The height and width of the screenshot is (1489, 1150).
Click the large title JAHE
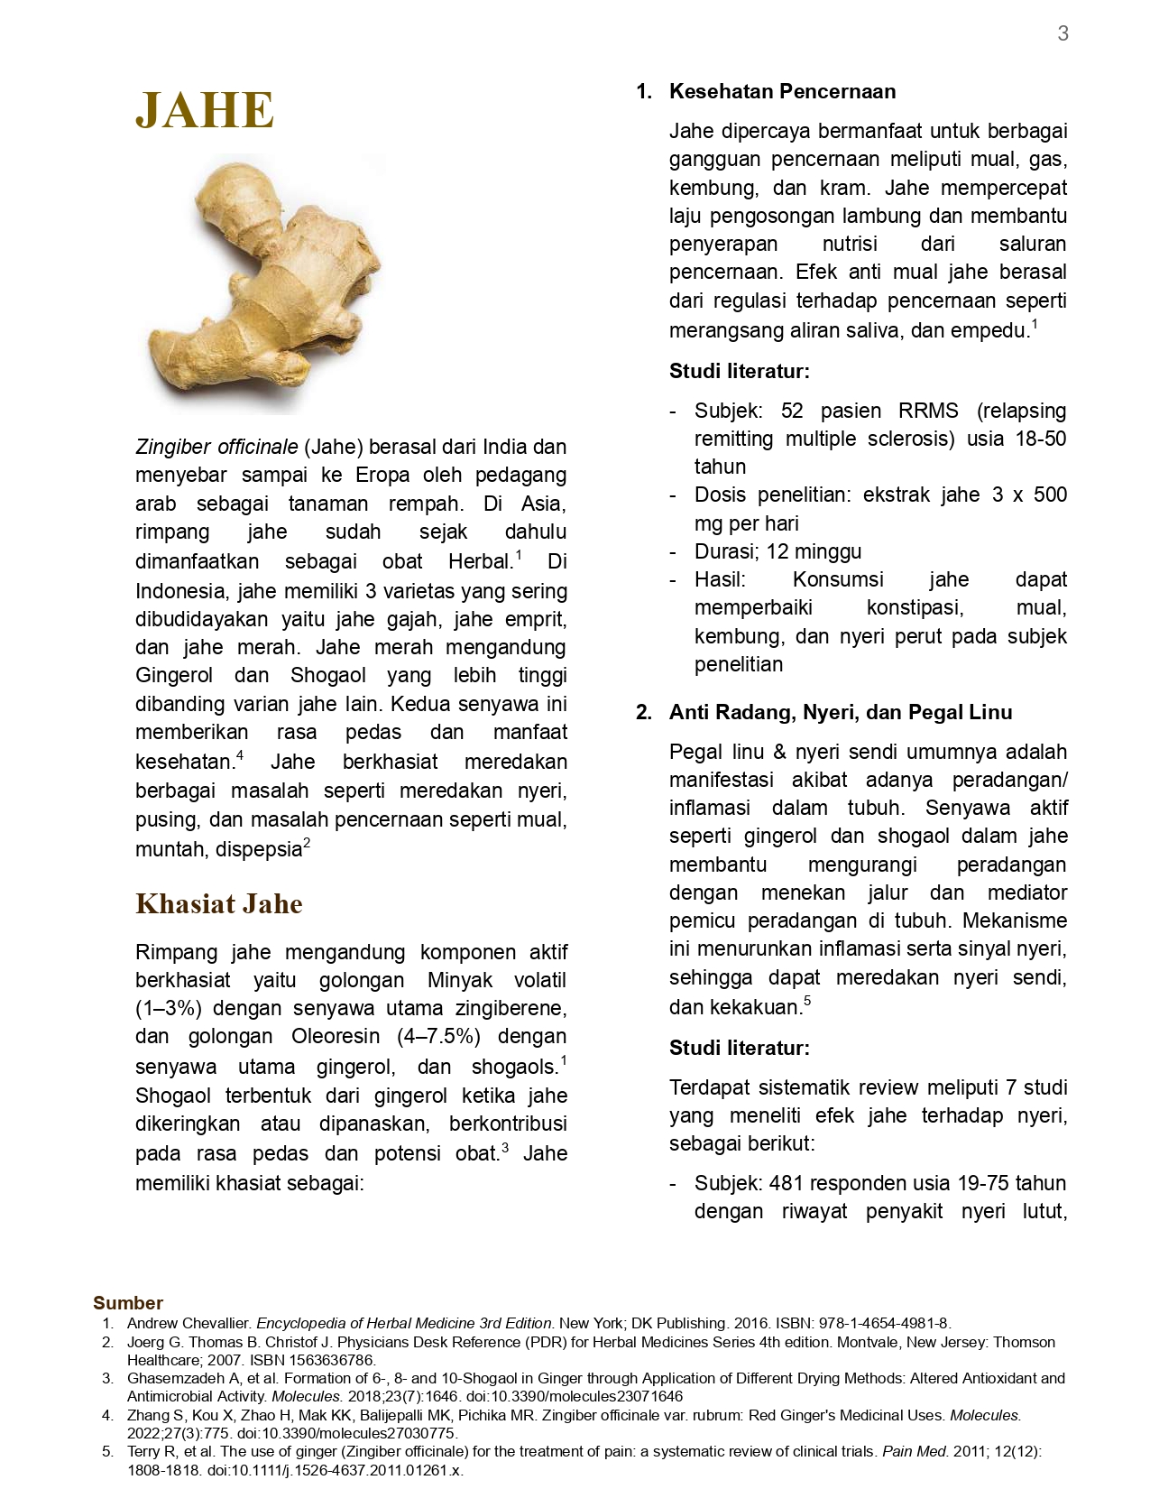click(205, 111)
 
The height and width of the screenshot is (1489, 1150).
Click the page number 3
click(1063, 33)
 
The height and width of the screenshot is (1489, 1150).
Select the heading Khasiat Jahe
click(219, 904)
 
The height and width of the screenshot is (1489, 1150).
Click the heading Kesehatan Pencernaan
click(782, 91)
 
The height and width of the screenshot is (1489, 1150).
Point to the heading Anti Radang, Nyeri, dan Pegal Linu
click(841, 712)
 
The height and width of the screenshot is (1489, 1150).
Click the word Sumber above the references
click(128, 1303)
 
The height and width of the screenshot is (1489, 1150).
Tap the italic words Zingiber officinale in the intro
click(216, 447)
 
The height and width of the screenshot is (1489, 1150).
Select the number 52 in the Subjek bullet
click(792, 411)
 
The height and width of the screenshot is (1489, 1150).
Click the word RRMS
click(928, 411)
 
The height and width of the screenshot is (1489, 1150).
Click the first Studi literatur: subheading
click(740, 371)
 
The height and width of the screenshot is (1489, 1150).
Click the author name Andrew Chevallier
click(189, 1323)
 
